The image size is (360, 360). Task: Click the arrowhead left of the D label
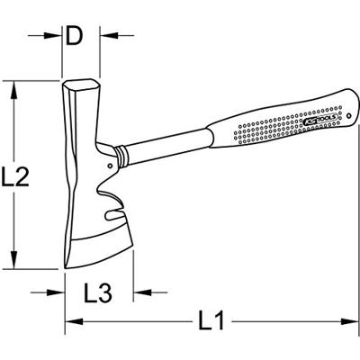click(56, 38)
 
